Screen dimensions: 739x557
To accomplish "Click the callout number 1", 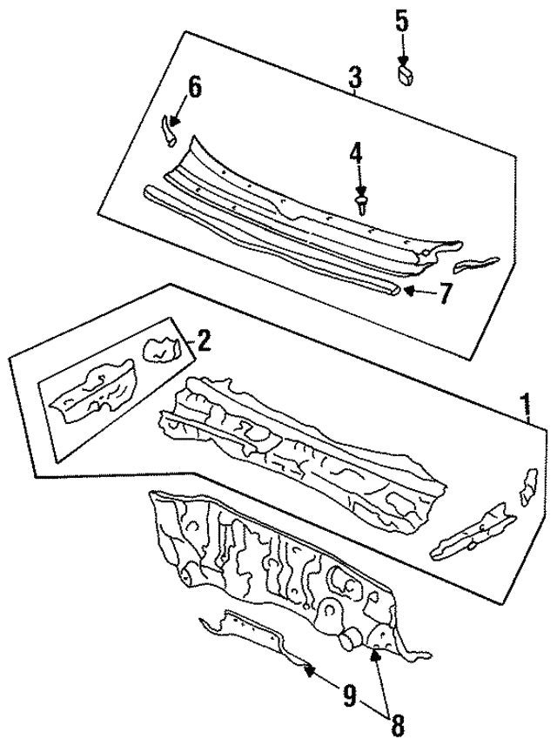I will pyautogui.click(x=525, y=405).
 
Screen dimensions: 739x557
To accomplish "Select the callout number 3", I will pyautogui.click(x=354, y=80).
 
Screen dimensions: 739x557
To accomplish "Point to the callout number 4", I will pyautogui.click(x=357, y=156).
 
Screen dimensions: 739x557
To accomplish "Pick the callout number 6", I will pyautogui.click(x=194, y=86).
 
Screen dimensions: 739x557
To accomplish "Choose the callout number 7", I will pyautogui.click(x=445, y=295).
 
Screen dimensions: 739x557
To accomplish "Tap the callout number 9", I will pyautogui.click(x=348, y=695).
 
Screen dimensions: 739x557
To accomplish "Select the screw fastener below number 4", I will pyautogui.click(x=360, y=202).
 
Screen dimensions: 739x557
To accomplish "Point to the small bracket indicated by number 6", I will pyautogui.click(x=168, y=131).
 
